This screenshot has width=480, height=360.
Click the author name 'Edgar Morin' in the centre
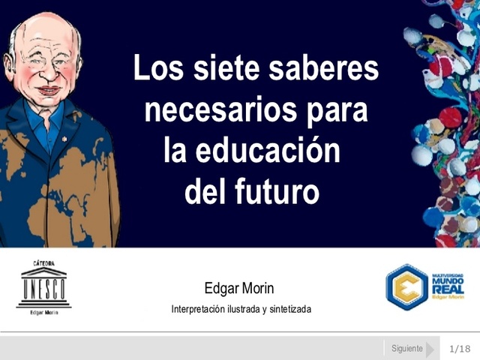click(x=240, y=289)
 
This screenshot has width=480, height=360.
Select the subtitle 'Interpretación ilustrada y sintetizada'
click(x=241, y=309)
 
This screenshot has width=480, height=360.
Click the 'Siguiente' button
click(x=407, y=349)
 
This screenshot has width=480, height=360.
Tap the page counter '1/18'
click(x=460, y=349)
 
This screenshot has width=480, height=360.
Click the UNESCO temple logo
click(x=43, y=286)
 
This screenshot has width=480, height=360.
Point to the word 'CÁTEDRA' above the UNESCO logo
click(x=43, y=263)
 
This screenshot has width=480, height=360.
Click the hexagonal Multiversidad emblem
click(x=407, y=286)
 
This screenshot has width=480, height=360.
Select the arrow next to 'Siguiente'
click(x=430, y=349)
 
